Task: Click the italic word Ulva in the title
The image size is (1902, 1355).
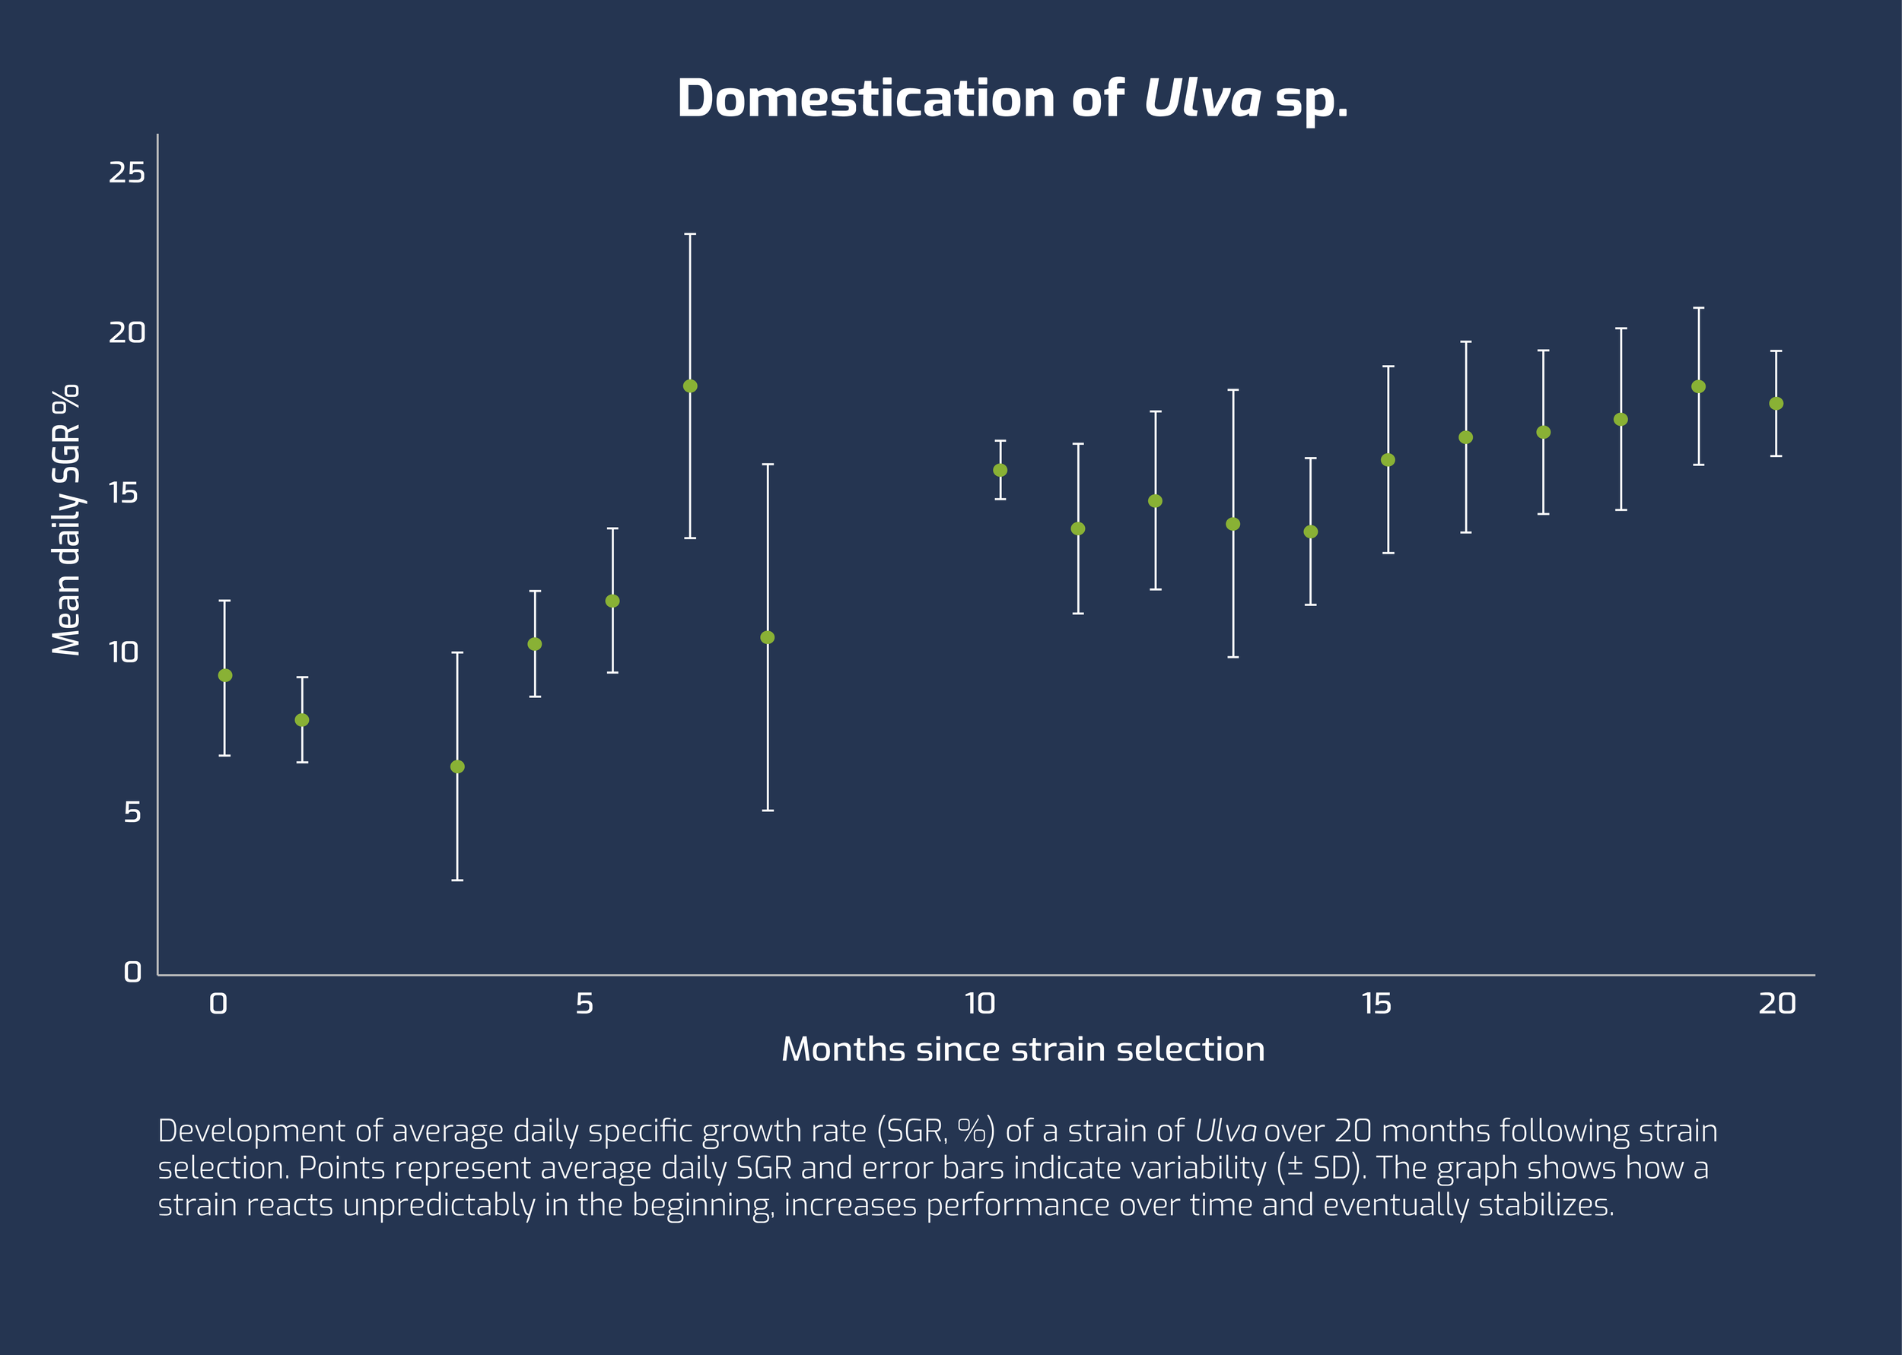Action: click(1202, 98)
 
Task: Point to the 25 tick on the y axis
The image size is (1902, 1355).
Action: click(127, 173)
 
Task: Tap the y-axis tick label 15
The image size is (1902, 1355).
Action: click(123, 493)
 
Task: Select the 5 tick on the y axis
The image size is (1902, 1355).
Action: click(132, 812)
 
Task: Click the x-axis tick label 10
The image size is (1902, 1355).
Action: click(980, 1003)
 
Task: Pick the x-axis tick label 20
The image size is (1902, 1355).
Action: click(1776, 1003)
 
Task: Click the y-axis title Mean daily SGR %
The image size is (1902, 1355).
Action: click(67, 520)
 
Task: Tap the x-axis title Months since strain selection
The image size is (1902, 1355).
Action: click(1023, 1049)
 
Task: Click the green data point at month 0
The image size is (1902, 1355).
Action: click(224, 675)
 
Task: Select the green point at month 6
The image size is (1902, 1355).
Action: click(690, 386)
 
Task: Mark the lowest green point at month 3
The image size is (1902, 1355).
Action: click(457, 766)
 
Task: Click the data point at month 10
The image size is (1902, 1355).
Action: click(1000, 470)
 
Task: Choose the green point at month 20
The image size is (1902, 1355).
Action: click(1776, 403)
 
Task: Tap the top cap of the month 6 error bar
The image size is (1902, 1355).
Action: click(690, 234)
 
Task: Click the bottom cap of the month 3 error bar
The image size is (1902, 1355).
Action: click(457, 881)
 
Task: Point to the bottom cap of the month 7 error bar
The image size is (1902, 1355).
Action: click(768, 810)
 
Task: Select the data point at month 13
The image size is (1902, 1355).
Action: click(1232, 524)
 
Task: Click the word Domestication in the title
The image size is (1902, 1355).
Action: click(867, 98)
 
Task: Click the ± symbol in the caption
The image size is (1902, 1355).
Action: click(1296, 1167)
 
